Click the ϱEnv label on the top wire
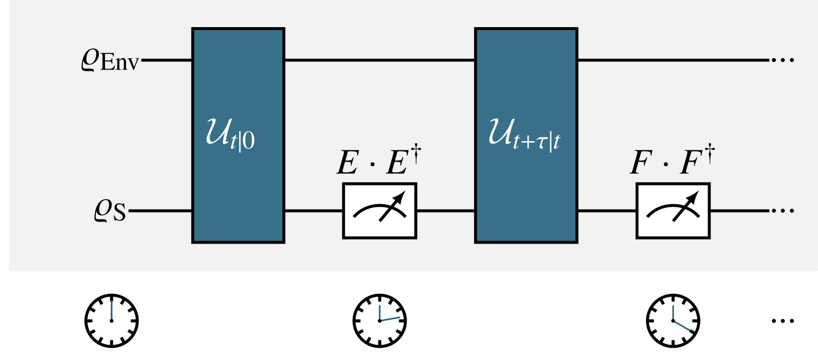pyautogui.click(x=110, y=60)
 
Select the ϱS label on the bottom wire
pyautogui.click(x=110, y=211)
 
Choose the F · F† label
pyautogui.click(x=672, y=161)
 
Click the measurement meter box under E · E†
pyautogui.click(x=379, y=211)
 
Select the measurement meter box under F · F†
pyautogui.click(x=673, y=211)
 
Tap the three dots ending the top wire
pyautogui.click(x=782, y=60)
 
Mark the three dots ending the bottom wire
pyautogui.click(x=782, y=211)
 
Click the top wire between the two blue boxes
pyautogui.click(x=379, y=60)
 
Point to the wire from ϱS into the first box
pyautogui.click(x=160, y=211)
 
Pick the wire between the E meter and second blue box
pyautogui.click(x=446, y=211)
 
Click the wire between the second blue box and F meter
pyautogui.click(x=606, y=211)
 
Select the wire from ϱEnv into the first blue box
pyautogui.click(x=167, y=60)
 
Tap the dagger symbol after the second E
pyautogui.click(x=416, y=153)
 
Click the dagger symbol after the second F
pyautogui.click(x=709, y=153)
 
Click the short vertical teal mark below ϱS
pyautogui.click(x=112, y=310)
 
